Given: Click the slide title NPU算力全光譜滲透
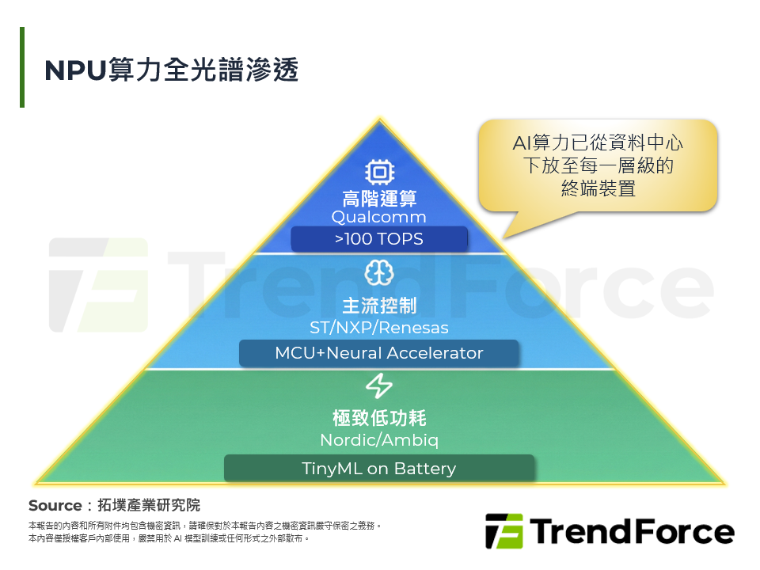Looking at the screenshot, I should tap(172, 70).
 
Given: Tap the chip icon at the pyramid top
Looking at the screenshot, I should tap(379, 173).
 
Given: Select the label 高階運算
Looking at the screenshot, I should tap(379, 198).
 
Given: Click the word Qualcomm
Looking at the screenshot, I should tap(379, 217).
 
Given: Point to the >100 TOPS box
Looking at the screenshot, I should tap(379, 239).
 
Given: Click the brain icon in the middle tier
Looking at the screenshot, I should tap(379, 273).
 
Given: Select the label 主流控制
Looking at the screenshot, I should tap(379, 306).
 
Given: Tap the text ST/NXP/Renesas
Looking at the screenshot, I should tap(379, 327).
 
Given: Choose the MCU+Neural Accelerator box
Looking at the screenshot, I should tap(379, 353).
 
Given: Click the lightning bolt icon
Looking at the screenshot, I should tap(379, 386).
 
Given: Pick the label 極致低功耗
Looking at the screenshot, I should tap(379, 418).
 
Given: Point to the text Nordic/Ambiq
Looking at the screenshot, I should tap(379, 440).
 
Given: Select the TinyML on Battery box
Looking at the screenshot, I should tap(379, 469).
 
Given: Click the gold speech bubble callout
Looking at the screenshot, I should tap(598, 165).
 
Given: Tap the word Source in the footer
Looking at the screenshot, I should tap(55, 505).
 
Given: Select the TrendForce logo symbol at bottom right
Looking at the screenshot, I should tap(503, 530).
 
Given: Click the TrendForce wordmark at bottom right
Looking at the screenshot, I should tap(633, 531).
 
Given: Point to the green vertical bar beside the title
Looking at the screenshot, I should tap(22, 67).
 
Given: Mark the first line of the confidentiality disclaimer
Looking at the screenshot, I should tap(205, 526).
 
